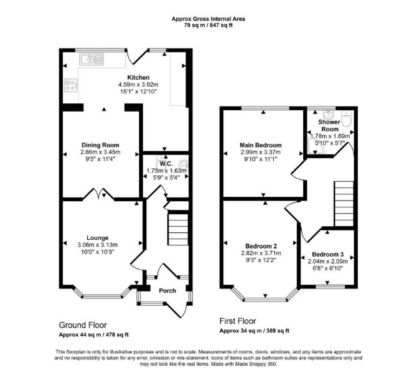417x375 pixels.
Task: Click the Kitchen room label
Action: coord(138,77)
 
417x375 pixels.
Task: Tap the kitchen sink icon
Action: coord(91,59)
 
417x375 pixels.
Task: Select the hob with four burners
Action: coord(71,85)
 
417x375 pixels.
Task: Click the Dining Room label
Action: coord(100,145)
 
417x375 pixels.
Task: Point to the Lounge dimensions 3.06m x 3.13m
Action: coord(98,245)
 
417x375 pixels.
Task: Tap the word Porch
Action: coord(167,291)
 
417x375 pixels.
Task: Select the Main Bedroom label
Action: coord(261,145)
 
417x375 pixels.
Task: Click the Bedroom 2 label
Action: coord(261,246)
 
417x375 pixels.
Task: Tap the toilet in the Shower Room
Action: coord(347,119)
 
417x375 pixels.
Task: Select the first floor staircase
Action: coord(344,204)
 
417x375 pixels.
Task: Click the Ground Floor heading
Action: coord(83,325)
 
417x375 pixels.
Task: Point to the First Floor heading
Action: coord(238,321)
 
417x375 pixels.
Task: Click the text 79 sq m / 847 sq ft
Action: coord(208,26)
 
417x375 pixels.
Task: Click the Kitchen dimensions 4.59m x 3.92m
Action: coord(138,85)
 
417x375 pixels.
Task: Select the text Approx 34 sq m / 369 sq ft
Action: coord(254,331)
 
